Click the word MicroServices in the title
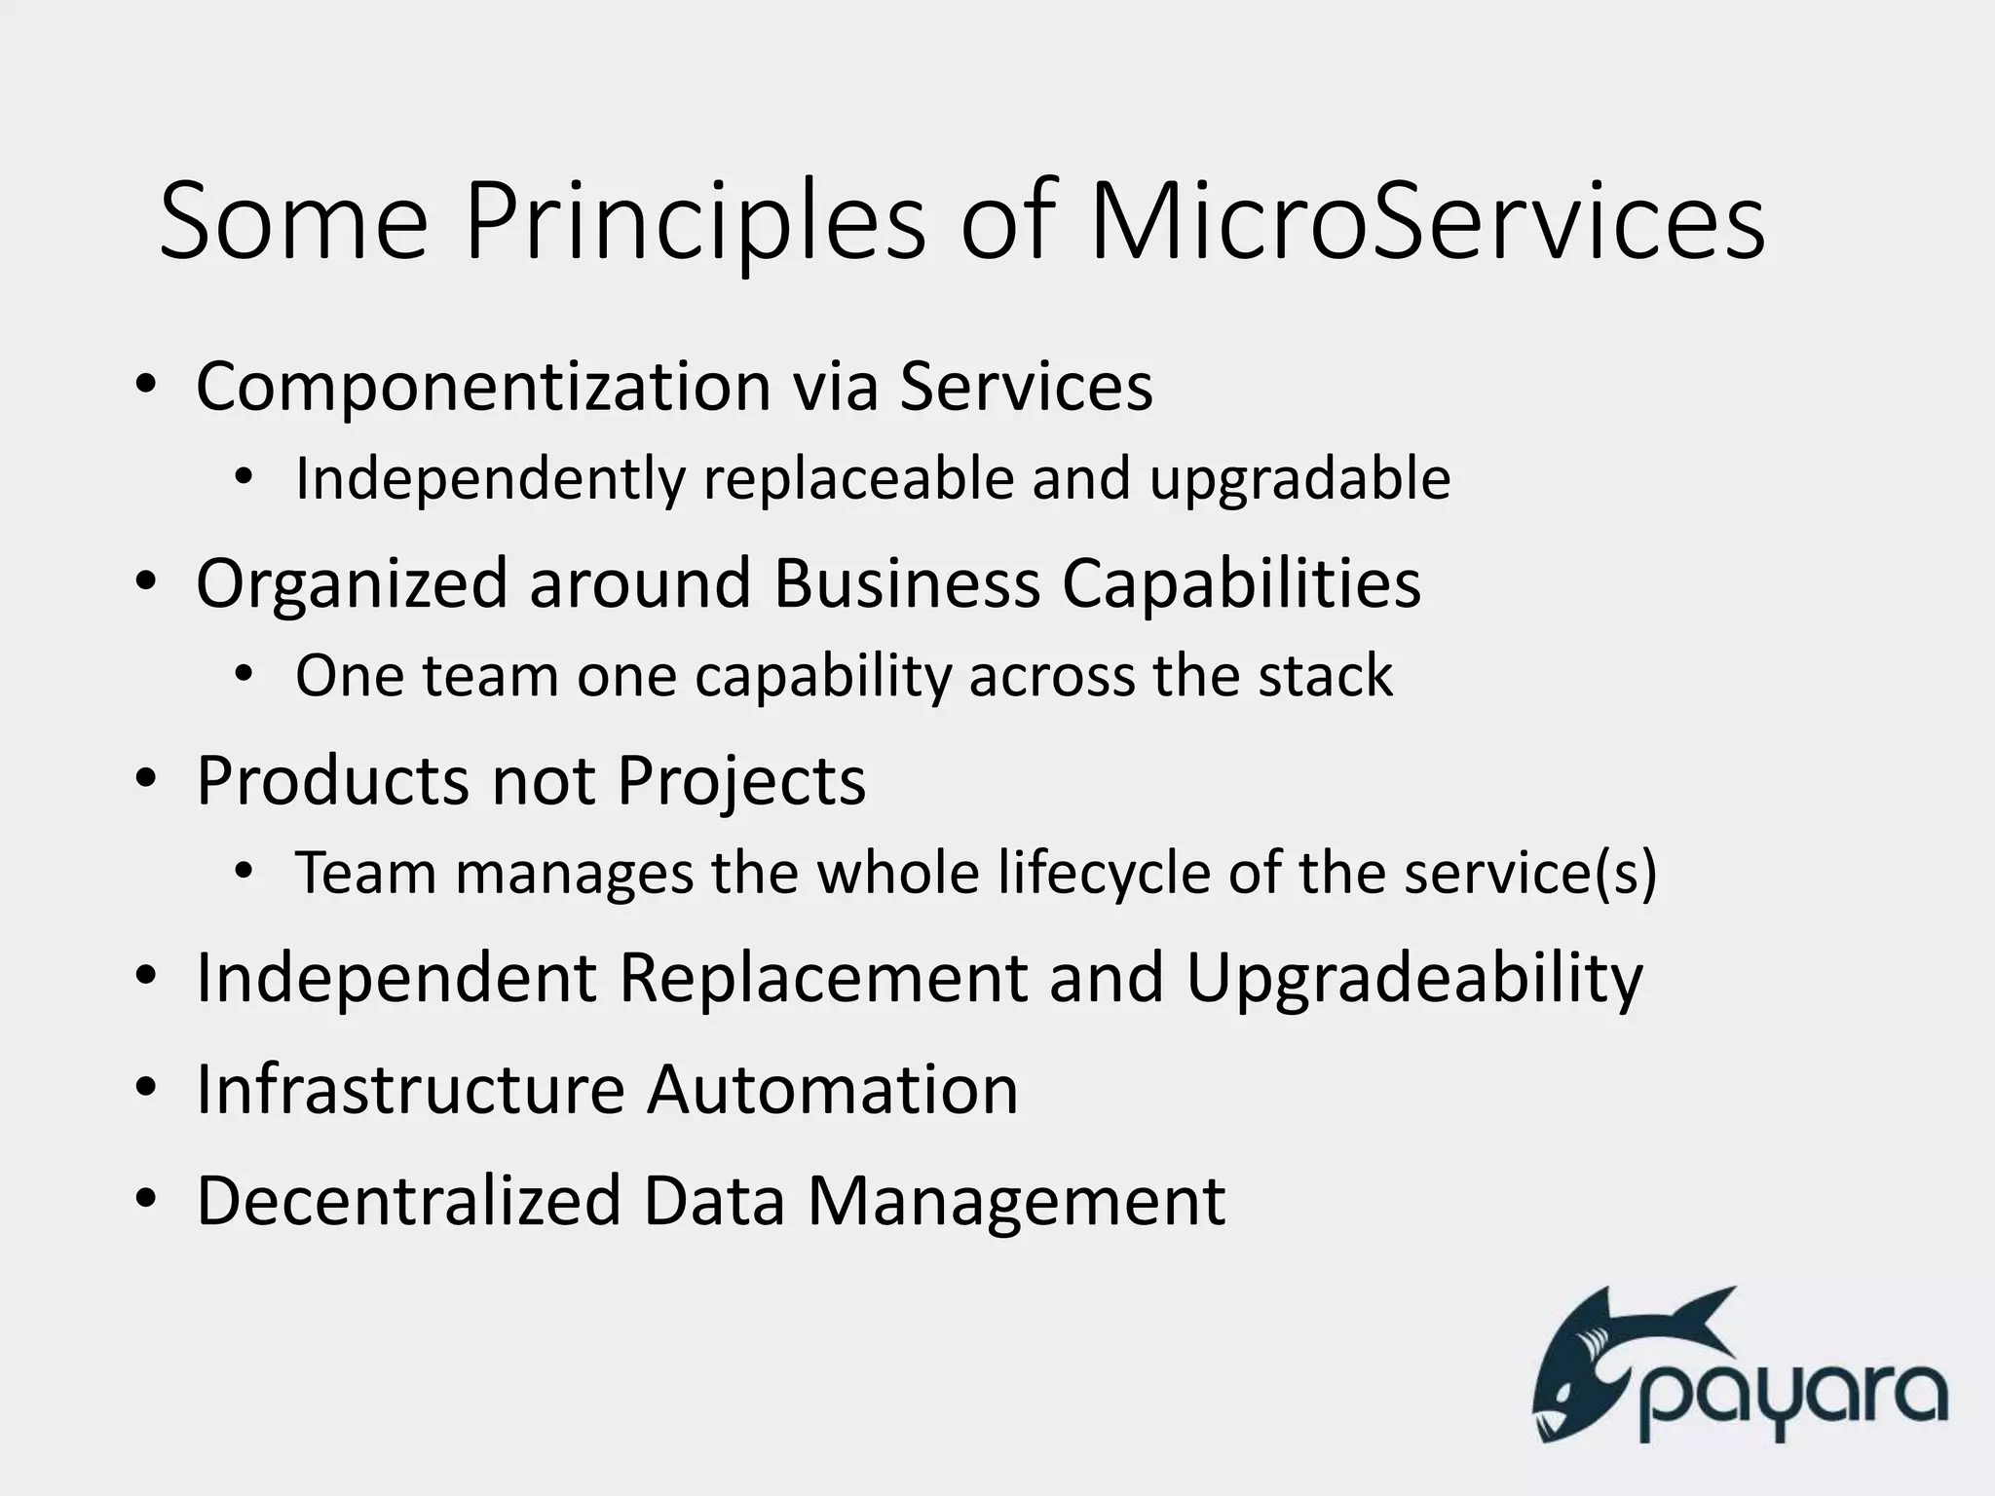1425,222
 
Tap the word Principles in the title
695,222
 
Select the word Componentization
483,388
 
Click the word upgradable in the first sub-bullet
1299,479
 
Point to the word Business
907,584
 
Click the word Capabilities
1240,584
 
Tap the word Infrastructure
410,1089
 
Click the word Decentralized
408,1200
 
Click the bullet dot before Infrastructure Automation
146,1089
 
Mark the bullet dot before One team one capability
245,675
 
